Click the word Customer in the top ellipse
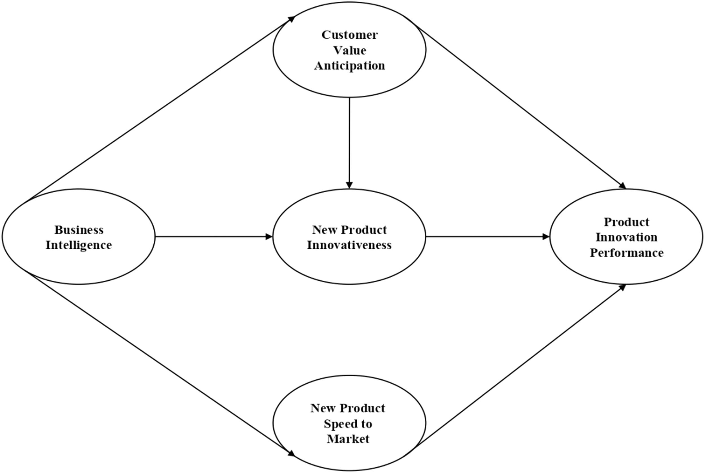[349, 35]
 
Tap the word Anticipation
[349, 66]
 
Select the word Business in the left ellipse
[79, 230]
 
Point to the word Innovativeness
[349, 245]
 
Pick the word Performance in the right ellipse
[627, 253]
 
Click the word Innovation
[627, 237]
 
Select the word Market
[348, 439]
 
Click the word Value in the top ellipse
[349, 50]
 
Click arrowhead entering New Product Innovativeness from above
[349, 185]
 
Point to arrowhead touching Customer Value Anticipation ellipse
[291, 19]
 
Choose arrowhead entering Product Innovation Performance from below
[622, 287]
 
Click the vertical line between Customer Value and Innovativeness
[349, 139]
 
